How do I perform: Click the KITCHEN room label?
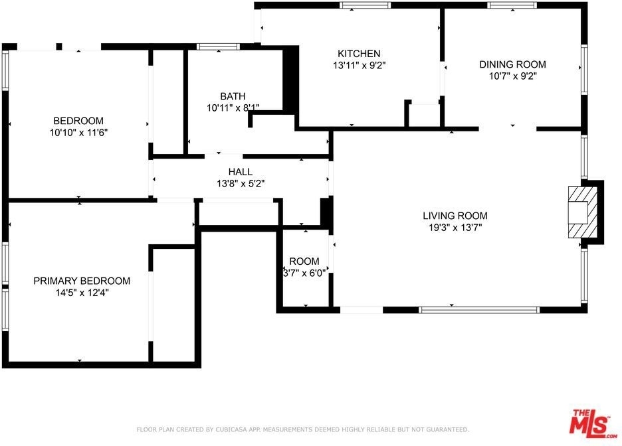tap(359, 54)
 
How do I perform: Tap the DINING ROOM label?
tap(512, 64)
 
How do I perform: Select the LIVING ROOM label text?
tap(455, 216)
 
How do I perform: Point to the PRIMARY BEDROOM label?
tap(82, 281)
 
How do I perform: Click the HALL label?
tap(241, 172)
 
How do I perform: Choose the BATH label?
tap(233, 96)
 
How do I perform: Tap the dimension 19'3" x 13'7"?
tap(455, 228)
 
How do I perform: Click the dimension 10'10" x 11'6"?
tap(78, 133)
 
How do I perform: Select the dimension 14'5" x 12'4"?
tap(82, 293)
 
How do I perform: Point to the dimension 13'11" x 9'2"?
tap(360, 65)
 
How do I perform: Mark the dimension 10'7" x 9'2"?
tap(512, 76)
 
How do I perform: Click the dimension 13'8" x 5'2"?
tap(241, 183)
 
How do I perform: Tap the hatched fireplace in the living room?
tap(583, 212)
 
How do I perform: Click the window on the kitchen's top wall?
tap(365, 5)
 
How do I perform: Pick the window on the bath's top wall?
tap(218, 46)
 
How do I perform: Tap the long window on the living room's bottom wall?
tap(479, 310)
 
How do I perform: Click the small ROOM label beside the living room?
tap(304, 261)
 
